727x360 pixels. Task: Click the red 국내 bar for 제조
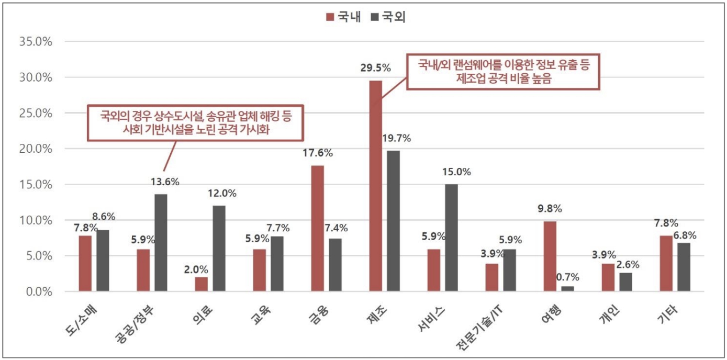[375, 186]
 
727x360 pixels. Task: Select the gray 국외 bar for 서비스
[451, 238]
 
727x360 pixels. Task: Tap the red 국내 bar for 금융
[317, 228]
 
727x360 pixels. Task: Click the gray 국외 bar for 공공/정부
[161, 242]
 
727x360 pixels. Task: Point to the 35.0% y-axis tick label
[35, 41]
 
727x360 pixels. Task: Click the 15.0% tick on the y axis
[35, 185]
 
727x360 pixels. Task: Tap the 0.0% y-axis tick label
[38, 291]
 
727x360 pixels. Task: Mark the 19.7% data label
[397, 138]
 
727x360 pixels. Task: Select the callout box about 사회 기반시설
[196, 124]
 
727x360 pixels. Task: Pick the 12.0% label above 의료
[222, 193]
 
